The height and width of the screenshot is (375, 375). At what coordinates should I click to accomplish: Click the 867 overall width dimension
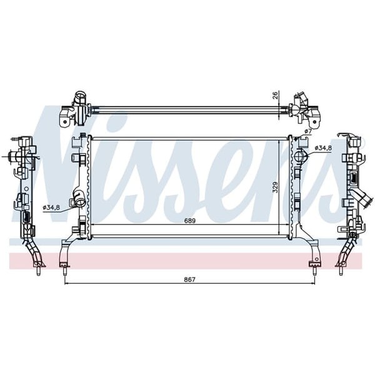click(x=190, y=279)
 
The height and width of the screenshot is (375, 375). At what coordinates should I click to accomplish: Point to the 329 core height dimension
click(x=274, y=187)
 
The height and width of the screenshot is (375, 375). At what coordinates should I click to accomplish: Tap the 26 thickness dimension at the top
click(x=274, y=96)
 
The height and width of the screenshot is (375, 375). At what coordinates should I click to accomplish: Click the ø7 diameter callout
click(x=307, y=131)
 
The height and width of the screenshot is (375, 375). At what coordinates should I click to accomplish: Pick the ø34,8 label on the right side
click(x=323, y=148)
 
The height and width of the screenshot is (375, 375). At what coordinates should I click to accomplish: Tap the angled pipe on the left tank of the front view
click(x=78, y=197)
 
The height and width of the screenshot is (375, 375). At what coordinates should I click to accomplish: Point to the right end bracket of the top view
click(x=304, y=109)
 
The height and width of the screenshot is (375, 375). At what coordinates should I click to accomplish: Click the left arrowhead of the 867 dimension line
click(x=67, y=283)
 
